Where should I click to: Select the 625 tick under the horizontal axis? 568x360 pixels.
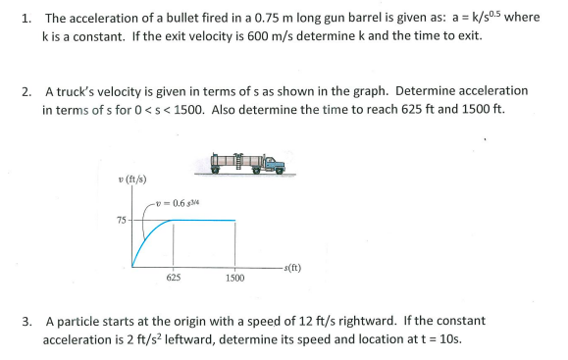point(173,279)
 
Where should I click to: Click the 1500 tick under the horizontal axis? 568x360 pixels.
point(234,279)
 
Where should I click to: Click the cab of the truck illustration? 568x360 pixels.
point(276,165)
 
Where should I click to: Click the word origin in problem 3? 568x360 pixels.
point(196,321)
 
